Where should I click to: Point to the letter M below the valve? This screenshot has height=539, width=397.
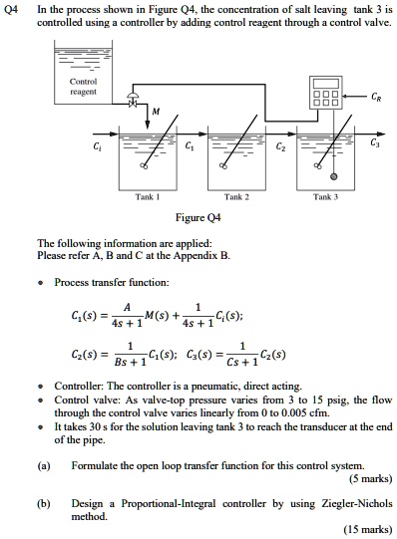pos(154,113)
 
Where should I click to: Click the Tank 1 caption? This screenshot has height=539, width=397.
pos(150,196)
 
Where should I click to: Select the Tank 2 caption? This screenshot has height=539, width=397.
pos(236,196)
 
